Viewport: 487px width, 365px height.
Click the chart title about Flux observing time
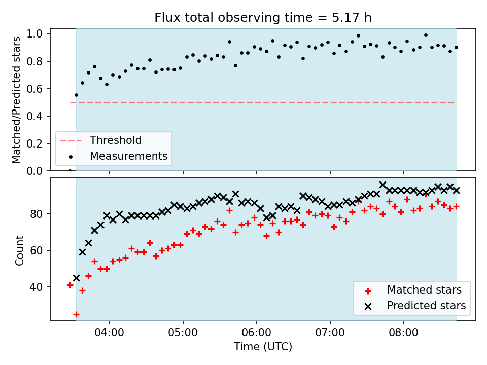pos(263,17)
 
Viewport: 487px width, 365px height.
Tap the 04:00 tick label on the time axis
pos(110,333)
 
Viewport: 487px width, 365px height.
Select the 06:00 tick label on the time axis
pos(257,333)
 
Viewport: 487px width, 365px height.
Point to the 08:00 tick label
pos(404,333)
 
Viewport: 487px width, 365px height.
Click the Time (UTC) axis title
pos(263,346)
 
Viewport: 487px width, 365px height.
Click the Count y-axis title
pos(19,250)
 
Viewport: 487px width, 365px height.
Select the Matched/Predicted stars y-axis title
pos(16,100)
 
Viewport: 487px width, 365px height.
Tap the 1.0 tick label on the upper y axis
pos(34,33)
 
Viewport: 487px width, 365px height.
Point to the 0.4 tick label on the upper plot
pos(34,116)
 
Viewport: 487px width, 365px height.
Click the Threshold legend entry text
pos(116,140)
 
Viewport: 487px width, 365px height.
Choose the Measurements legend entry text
pos(128,156)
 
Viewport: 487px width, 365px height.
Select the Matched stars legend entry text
pos(424,290)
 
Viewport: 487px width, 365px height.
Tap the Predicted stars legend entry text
pos(427,306)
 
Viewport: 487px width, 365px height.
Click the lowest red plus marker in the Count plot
pos(76,315)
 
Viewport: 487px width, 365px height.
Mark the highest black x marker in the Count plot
pos(382,185)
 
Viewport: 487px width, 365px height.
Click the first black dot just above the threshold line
pos(77,95)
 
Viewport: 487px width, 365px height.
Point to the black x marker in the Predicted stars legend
pos(368,306)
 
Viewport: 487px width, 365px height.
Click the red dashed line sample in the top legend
pos(71,140)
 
